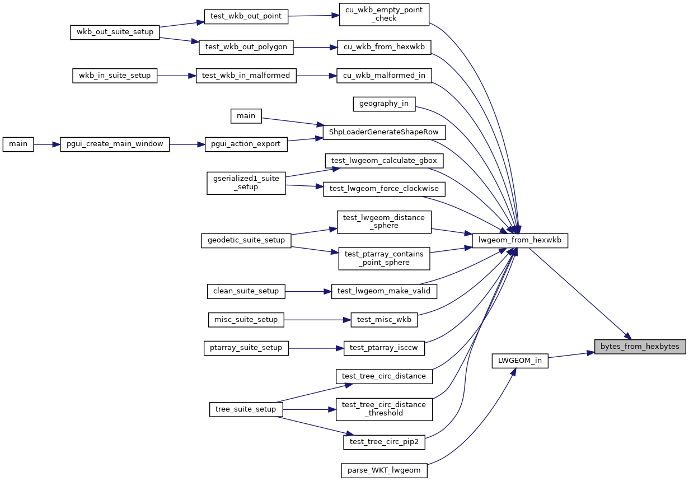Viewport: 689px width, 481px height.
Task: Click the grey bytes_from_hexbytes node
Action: [x=640, y=346]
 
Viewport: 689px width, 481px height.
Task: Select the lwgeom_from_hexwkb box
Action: [x=520, y=241]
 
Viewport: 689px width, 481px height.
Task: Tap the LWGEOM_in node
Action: [x=519, y=361]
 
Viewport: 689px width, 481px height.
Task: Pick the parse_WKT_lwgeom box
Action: [x=384, y=470]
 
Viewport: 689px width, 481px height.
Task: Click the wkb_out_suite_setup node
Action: [x=115, y=32]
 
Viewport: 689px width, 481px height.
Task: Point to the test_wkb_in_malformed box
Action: [x=246, y=76]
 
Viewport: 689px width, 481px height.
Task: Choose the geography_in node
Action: [x=384, y=104]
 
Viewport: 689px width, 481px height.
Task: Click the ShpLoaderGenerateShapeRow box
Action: [x=384, y=132]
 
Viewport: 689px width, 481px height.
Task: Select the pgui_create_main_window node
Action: [x=114, y=144]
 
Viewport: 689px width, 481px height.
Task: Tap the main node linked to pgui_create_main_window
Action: [x=18, y=144]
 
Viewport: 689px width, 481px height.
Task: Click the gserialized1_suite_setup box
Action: [x=246, y=183]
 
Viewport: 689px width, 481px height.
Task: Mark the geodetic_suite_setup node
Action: [x=246, y=240]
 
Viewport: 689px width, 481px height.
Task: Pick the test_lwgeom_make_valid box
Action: [x=384, y=291]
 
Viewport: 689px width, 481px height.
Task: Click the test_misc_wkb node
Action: [x=384, y=320]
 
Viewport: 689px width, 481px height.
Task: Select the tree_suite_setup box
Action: [x=246, y=409]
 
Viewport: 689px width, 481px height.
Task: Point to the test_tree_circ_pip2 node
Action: [x=384, y=442]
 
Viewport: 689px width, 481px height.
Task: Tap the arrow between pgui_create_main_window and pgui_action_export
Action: [x=185, y=144]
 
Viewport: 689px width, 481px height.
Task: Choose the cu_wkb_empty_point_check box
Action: [x=384, y=14]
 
